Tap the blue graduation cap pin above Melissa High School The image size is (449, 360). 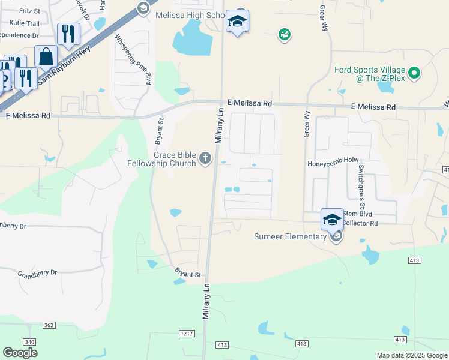237,22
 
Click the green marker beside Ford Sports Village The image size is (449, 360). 414,74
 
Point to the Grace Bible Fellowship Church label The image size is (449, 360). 162,158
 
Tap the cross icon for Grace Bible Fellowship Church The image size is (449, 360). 205,158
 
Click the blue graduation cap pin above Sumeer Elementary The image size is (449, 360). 332,220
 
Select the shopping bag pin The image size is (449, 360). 46,56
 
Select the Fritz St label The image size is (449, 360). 29,11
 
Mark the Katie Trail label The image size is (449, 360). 24,23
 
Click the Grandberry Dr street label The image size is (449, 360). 37,272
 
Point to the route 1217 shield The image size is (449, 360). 187,333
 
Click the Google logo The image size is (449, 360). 20,353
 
